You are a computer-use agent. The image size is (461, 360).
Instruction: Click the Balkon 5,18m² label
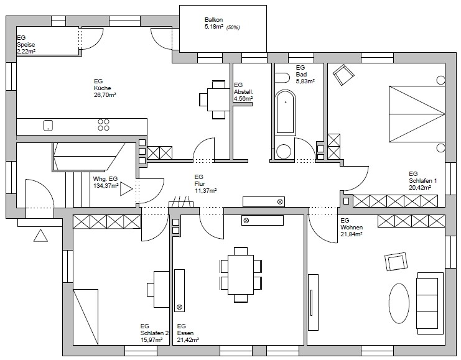click(214, 24)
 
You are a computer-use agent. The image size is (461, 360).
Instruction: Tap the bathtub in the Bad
click(286, 113)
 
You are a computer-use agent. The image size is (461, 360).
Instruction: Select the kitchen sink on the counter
click(48, 125)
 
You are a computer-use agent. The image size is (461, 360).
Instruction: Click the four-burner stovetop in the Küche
click(103, 124)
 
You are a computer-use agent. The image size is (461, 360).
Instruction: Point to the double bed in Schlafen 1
click(417, 114)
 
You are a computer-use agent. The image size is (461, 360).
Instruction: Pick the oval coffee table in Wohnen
click(399, 303)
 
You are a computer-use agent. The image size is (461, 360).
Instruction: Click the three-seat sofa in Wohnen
click(430, 303)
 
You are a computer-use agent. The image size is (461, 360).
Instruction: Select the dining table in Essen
click(241, 275)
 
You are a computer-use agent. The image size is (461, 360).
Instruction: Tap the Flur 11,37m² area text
click(205, 183)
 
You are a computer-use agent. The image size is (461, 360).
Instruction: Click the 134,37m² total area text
click(106, 186)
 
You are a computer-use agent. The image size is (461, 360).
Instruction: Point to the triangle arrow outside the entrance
click(40, 236)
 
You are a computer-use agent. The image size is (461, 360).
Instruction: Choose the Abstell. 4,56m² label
click(244, 91)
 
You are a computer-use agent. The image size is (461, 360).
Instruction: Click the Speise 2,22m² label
click(26, 45)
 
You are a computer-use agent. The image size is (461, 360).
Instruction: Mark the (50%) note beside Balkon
click(233, 27)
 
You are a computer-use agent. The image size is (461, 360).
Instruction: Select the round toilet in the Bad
click(284, 151)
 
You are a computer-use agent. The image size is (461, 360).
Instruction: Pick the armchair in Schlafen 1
click(343, 75)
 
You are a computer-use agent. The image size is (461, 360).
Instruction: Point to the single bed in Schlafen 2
click(86, 317)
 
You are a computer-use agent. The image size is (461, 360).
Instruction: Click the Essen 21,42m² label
click(188, 333)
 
